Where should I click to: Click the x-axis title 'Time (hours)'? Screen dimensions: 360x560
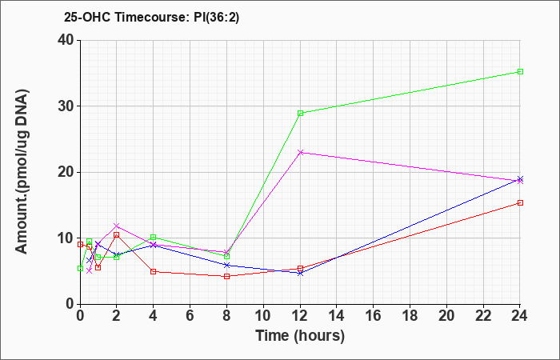[x=300, y=336]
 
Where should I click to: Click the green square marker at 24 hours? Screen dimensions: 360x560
[x=520, y=72]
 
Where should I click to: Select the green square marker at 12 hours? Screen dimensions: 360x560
[x=300, y=113]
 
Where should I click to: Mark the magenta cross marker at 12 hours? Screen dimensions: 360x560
[x=300, y=152]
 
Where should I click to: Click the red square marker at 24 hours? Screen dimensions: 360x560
[x=520, y=202]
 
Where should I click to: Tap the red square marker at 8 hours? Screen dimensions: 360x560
[x=226, y=276]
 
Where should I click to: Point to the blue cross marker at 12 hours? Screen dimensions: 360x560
[x=300, y=273]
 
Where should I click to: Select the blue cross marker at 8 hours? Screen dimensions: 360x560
[x=226, y=265]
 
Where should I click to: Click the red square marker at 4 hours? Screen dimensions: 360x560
[x=153, y=271]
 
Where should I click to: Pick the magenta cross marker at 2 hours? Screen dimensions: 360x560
[x=117, y=226]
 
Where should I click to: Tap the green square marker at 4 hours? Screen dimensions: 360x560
[x=153, y=237]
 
